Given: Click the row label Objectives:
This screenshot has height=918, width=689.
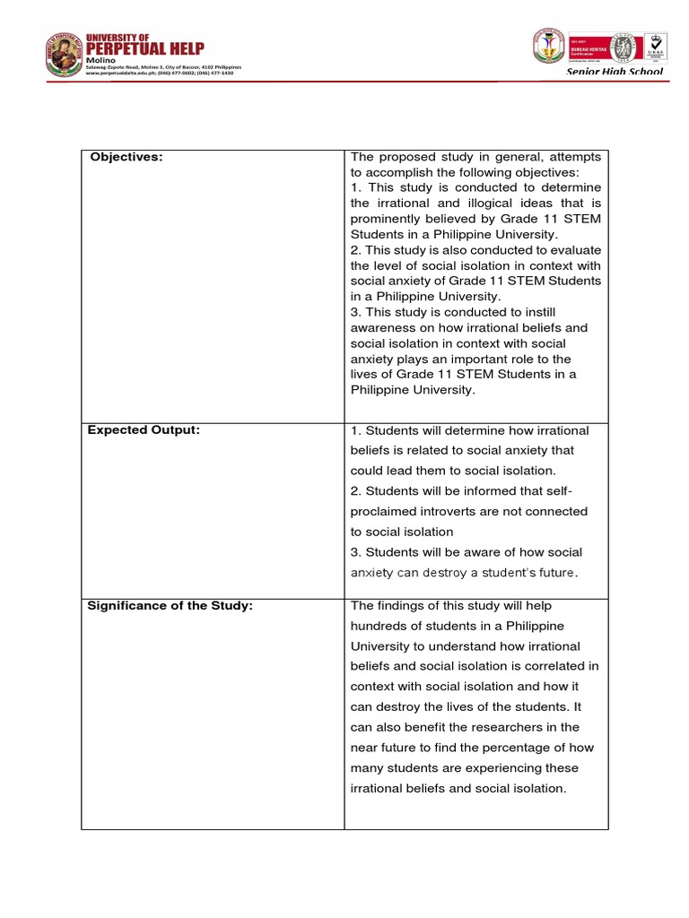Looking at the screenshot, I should tap(125, 158).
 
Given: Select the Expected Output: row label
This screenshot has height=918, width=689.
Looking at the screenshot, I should tap(144, 429).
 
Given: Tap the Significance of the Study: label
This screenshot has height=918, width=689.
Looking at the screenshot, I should tap(170, 606).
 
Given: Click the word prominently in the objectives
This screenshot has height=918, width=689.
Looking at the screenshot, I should tap(387, 219).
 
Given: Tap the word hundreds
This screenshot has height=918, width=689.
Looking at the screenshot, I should tap(379, 626).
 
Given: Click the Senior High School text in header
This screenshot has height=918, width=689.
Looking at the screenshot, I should tap(615, 71).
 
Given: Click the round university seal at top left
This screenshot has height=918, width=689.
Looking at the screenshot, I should tap(63, 55).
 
